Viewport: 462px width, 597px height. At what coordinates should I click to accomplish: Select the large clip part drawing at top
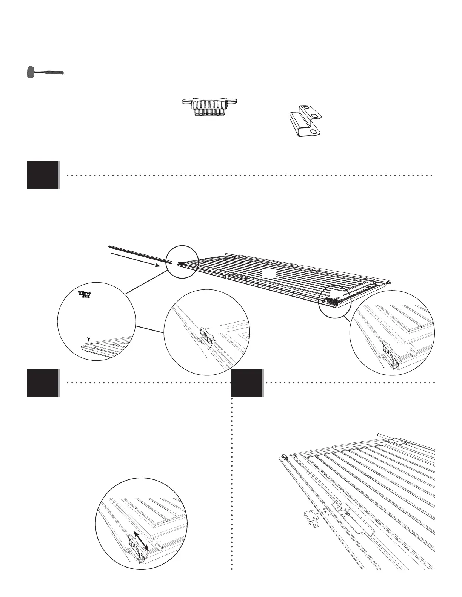click(x=210, y=107)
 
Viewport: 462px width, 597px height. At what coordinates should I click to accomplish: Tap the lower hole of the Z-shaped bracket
click(x=313, y=131)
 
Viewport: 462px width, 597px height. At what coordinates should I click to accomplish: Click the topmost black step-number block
click(x=43, y=175)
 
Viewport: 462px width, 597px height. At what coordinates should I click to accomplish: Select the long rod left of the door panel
click(x=138, y=255)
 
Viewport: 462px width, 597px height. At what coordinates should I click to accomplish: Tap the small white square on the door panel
click(x=268, y=273)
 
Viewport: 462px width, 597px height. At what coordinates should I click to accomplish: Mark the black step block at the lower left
click(x=43, y=383)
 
